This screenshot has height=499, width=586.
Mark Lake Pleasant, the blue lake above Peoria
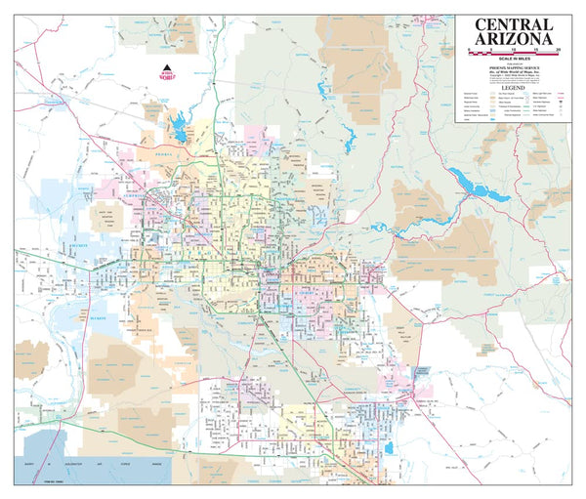pyautogui.click(x=180, y=126)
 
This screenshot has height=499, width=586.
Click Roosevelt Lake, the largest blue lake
pyautogui.click(x=478, y=185)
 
